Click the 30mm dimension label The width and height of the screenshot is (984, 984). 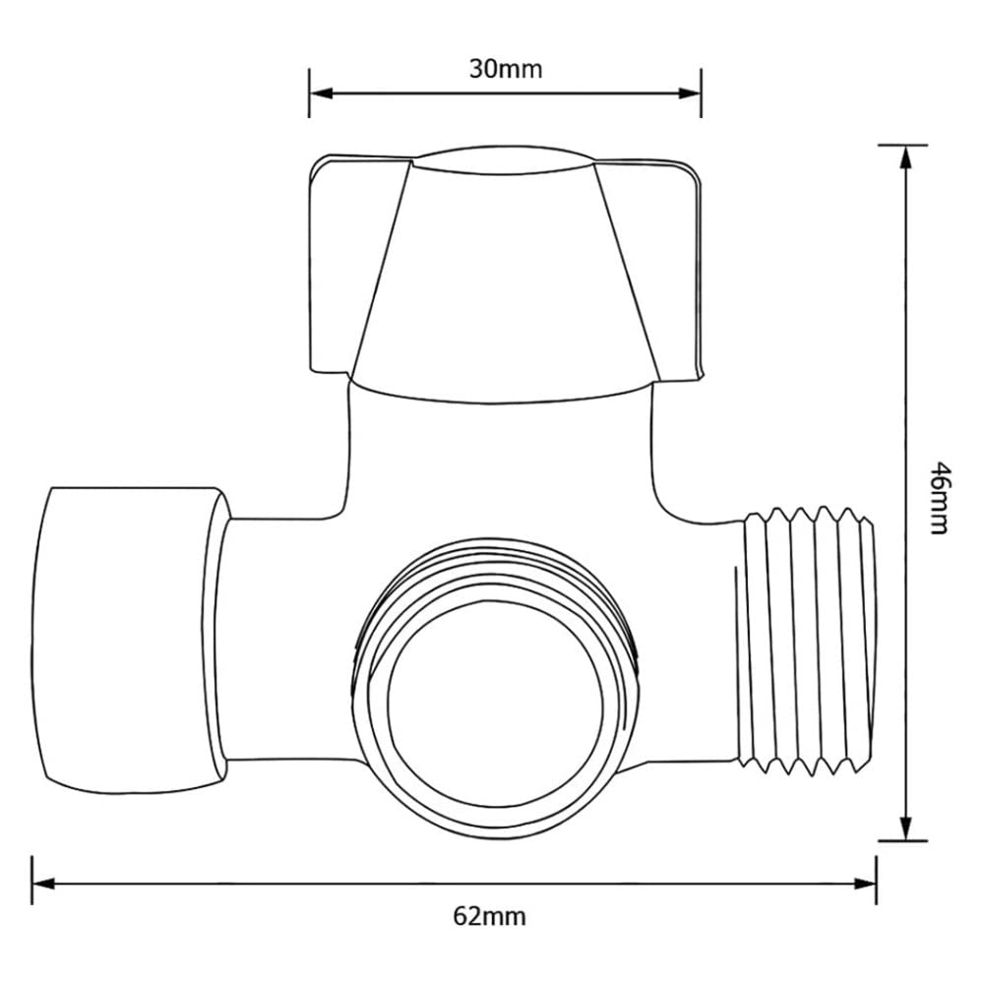pos(505,69)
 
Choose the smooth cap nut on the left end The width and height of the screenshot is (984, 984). pos(128,640)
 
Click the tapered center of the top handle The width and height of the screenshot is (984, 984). pos(503,276)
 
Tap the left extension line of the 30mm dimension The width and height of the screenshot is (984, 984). pos(309,93)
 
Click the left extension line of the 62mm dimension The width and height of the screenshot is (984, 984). pos(33,881)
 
